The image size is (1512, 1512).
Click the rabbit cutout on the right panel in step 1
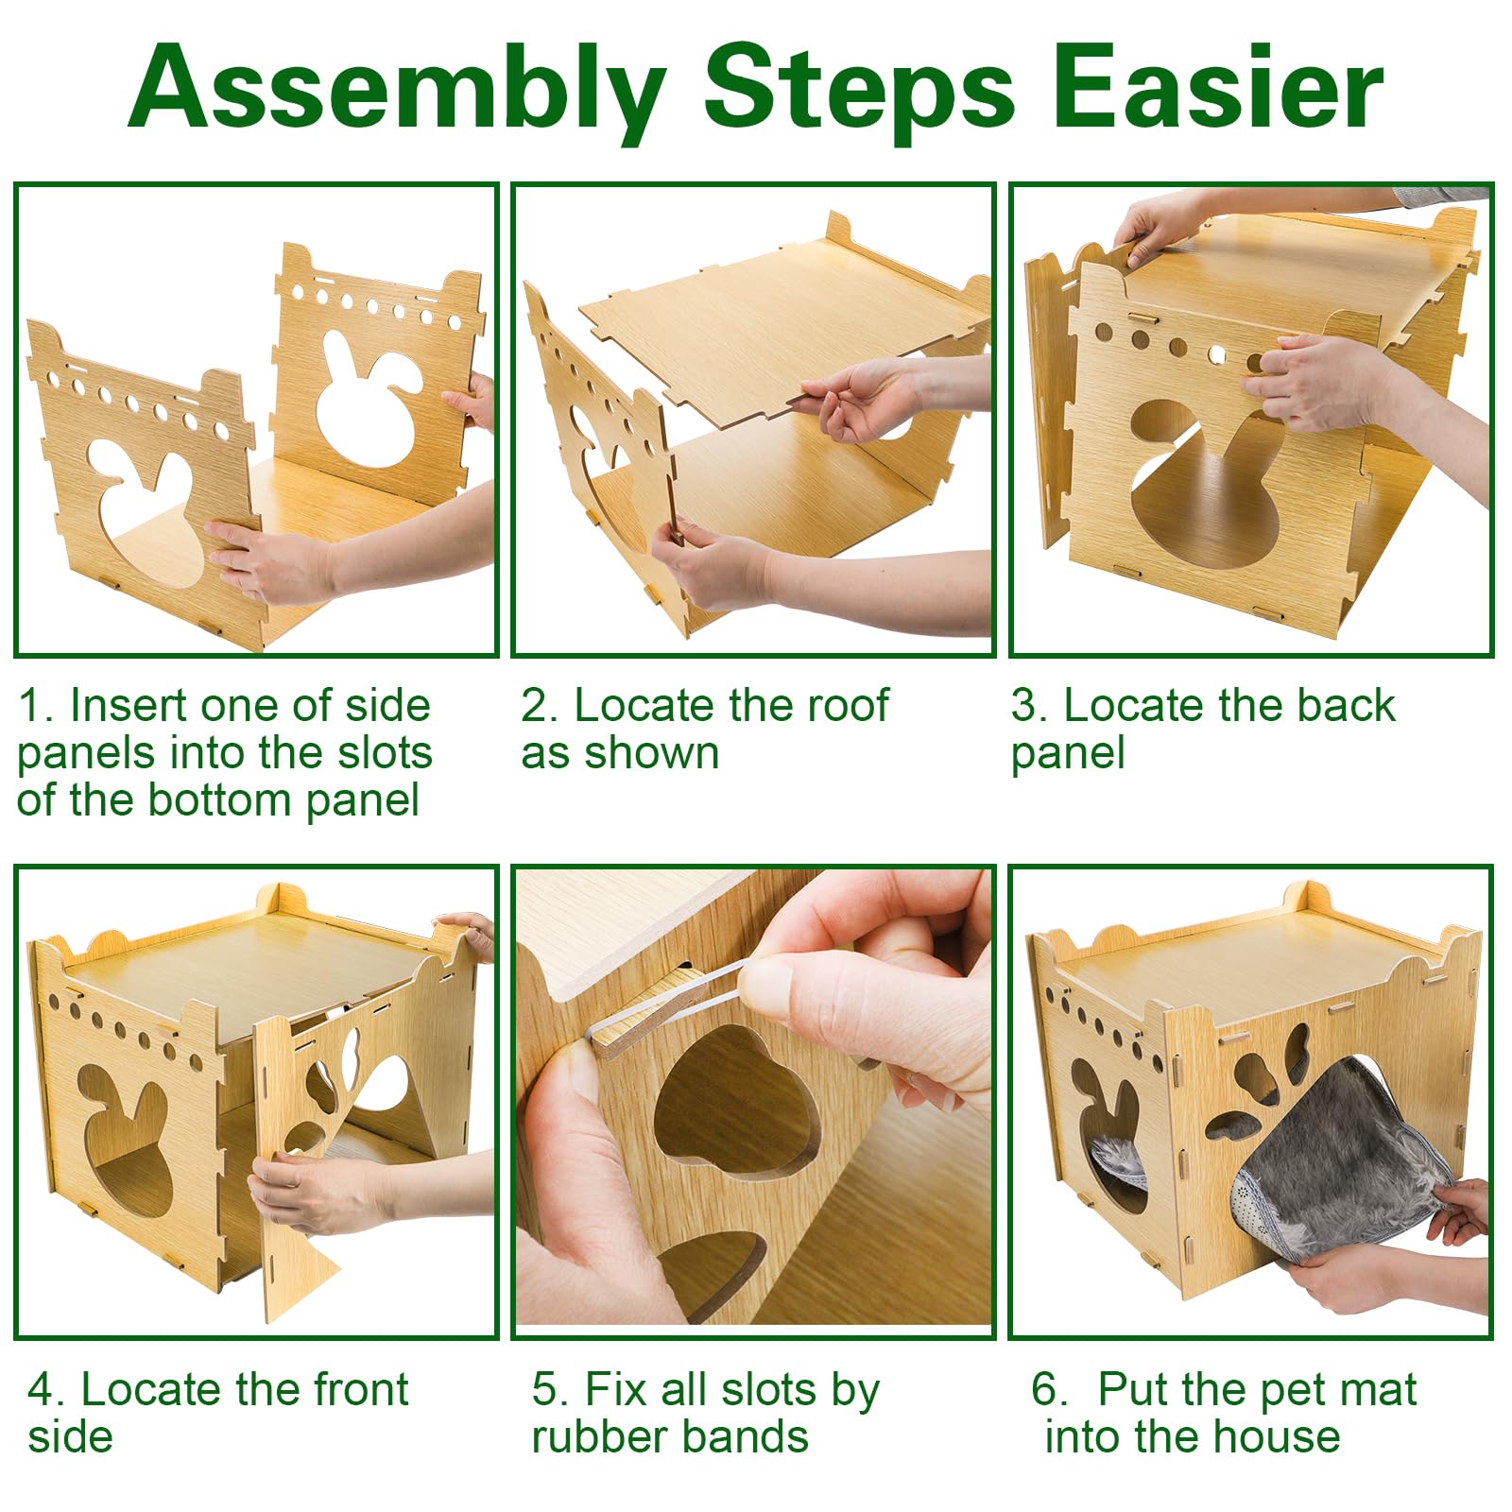[x=369, y=397]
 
